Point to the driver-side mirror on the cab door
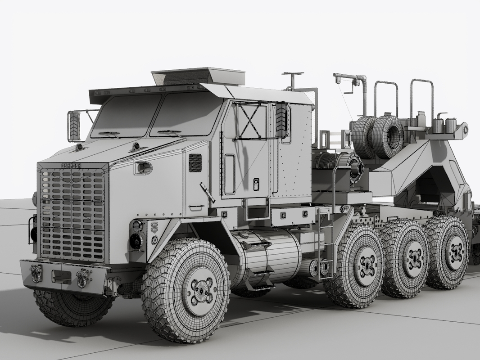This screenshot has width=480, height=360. pos(281,120)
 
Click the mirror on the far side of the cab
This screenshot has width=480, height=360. pos(74,126)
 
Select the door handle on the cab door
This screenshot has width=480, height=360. pos(256,184)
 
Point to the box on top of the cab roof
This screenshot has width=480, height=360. pos(198,76)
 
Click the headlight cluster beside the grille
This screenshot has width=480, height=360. pos(137,236)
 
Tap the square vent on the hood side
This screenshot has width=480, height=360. pos(195,162)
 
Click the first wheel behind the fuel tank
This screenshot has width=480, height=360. pos(360,265)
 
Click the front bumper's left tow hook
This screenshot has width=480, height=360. pos(36,272)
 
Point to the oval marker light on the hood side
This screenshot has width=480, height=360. pos(144,168)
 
